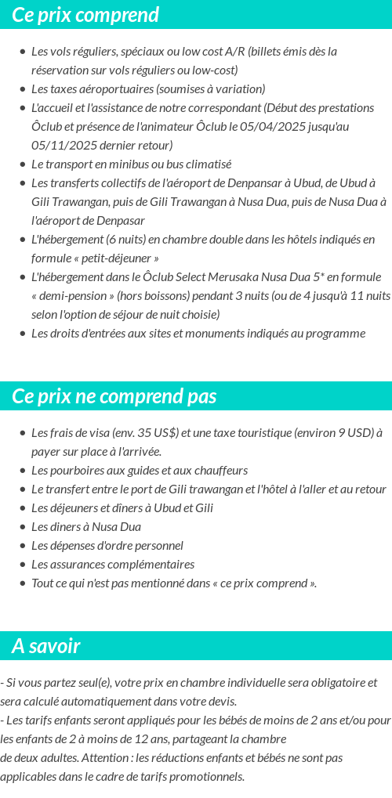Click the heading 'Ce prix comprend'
click(x=85, y=15)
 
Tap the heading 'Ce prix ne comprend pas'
click(x=114, y=396)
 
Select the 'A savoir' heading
click(x=46, y=646)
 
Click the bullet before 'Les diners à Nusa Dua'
click(x=22, y=527)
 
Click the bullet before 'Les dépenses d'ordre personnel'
click(x=22, y=546)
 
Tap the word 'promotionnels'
click(x=206, y=776)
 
